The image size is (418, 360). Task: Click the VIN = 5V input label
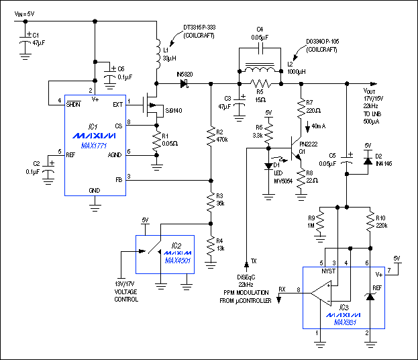(28, 13)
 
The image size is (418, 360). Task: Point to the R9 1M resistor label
(311, 222)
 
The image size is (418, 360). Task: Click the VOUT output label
(370, 91)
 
